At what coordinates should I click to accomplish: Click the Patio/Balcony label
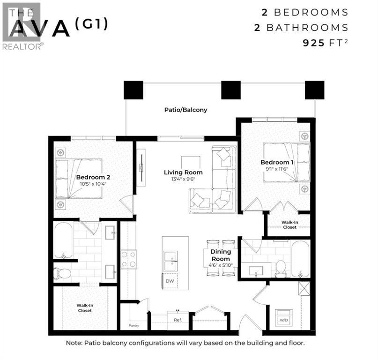coord(185,110)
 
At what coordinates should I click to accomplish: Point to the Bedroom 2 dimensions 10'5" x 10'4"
coord(93,184)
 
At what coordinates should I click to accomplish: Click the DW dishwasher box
coord(170,281)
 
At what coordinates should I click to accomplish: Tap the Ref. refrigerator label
coord(178,320)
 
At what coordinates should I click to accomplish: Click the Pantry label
coord(134,325)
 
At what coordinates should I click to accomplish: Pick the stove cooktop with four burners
coord(129,259)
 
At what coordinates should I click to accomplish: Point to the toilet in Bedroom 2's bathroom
coord(62,273)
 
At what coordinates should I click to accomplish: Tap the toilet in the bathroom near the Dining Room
coord(280,268)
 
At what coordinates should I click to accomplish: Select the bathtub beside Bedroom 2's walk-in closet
coord(63,240)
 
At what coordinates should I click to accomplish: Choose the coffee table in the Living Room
coord(191,163)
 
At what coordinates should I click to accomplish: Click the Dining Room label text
coord(221,255)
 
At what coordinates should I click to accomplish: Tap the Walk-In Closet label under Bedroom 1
coord(289,225)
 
